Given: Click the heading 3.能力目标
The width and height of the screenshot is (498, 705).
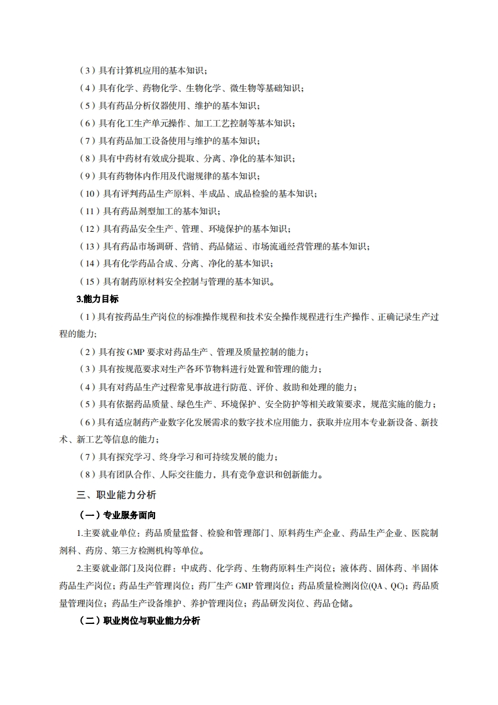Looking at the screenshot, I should pos(97,299).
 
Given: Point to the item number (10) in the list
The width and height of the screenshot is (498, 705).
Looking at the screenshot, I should pos(90,194).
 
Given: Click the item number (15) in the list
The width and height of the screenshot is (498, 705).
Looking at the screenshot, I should pos(90,281).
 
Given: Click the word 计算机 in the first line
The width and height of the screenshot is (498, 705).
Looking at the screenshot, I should pos(131,70).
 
